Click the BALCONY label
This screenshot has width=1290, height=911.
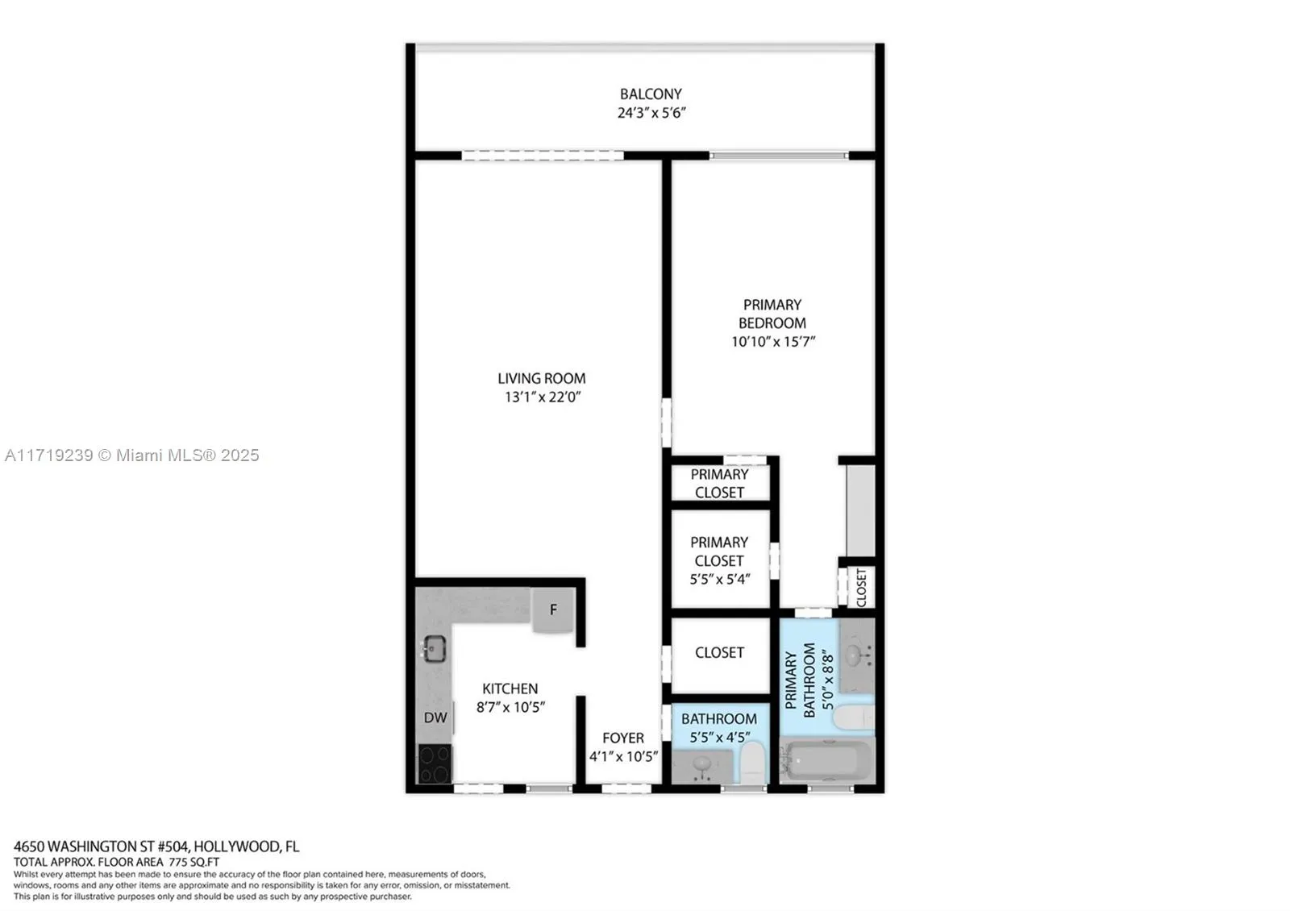tap(651, 94)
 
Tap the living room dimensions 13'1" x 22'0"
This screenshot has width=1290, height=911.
tap(543, 397)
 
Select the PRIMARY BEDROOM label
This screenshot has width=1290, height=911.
tap(772, 314)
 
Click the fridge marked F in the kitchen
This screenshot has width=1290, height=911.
tap(553, 610)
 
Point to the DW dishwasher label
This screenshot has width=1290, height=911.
tap(435, 718)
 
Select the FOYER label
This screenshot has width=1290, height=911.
tap(623, 738)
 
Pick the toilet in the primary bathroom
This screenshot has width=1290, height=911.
tap(853, 717)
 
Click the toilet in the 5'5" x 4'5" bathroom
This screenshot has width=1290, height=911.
tap(751, 762)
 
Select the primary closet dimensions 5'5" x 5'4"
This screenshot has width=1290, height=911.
tap(719, 579)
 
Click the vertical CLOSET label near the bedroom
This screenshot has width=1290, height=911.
tap(861, 588)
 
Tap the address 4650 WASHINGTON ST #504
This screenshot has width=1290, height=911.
tap(101, 847)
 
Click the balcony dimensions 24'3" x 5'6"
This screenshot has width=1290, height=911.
tap(651, 114)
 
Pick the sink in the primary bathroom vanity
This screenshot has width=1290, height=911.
tap(852, 655)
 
